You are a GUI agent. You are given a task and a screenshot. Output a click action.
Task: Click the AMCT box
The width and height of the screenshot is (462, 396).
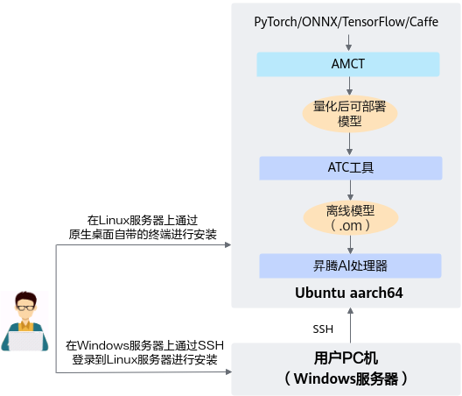click(x=348, y=64)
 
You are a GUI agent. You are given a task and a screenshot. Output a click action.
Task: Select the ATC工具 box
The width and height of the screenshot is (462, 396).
click(x=351, y=168)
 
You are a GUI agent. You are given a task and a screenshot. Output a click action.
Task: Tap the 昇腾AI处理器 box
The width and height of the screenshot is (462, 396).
click(x=350, y=265)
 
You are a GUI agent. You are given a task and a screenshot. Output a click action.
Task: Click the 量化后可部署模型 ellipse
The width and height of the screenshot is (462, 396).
click(x=350, y=114)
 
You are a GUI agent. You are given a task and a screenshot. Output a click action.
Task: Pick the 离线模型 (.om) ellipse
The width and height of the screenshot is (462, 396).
click(x=351, y=218)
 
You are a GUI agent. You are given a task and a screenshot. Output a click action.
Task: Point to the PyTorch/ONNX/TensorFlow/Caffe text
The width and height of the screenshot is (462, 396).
click(x=346, y=22)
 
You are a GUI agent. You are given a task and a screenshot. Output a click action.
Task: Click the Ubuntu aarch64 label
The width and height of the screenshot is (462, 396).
click(x=349, y=293)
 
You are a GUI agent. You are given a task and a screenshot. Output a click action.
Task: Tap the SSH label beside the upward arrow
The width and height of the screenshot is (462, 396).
click(x=323, y=329)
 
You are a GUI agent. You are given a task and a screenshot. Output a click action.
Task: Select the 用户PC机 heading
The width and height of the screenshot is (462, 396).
click(x=346, y=358)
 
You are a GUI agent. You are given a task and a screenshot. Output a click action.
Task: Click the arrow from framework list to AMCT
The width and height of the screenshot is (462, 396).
click(x=348, y=43)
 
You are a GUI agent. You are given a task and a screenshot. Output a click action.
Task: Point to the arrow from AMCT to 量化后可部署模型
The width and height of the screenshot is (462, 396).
click(x=349, y=86)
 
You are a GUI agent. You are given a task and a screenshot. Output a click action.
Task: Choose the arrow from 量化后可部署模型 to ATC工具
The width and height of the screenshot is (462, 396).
click(x=349, y=144)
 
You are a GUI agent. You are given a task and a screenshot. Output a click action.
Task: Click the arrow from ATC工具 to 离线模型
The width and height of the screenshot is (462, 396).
click(x=350, y=190)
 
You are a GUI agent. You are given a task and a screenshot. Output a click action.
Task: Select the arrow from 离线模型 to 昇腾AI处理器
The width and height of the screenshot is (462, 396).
click(x=350, y=244)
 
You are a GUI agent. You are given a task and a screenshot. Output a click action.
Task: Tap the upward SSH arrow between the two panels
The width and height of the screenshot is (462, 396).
click(x=350, y=325)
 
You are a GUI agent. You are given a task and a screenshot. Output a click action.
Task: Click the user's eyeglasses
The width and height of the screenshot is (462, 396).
click(x=25, y=308)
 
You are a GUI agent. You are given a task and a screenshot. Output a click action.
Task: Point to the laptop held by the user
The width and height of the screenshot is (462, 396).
click(x=25, y=341)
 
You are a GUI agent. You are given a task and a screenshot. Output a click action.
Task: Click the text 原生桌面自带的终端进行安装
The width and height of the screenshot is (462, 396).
click(x=143, y=235)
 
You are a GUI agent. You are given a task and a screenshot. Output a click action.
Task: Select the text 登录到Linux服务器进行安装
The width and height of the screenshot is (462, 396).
click(x=144, y=360)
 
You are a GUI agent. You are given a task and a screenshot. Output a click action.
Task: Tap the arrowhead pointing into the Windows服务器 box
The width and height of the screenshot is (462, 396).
click(x=228, y=372)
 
